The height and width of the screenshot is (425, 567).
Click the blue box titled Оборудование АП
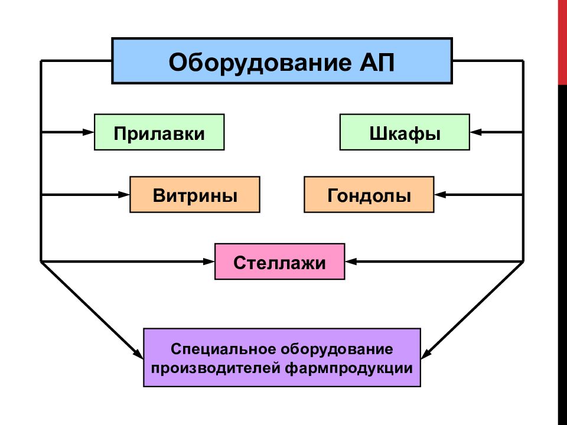(282, 61)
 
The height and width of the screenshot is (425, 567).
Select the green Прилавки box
(159, 132)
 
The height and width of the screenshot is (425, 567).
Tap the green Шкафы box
(405, 132)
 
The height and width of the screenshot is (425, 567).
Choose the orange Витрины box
(195, 194)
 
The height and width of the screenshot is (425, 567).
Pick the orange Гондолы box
(369, 194)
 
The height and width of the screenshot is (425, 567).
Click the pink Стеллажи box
(279, 261)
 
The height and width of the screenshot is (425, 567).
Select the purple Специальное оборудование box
(282, 357)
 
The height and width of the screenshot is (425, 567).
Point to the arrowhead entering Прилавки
(89, 132)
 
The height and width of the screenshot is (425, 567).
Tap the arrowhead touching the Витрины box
(125, 194)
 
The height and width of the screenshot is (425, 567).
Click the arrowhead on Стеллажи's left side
(210, 260)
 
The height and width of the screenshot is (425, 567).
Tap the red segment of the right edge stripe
(562, 41)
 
